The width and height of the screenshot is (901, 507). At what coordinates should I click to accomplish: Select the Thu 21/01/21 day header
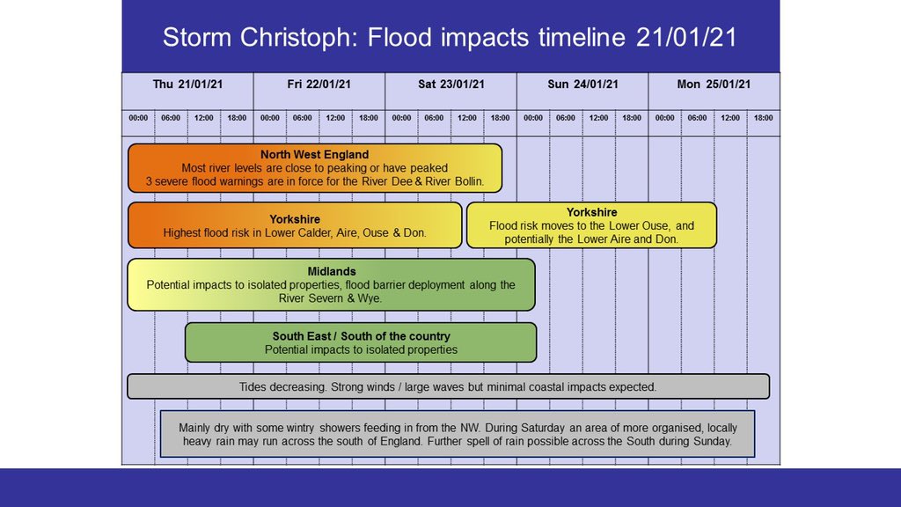point(187,84)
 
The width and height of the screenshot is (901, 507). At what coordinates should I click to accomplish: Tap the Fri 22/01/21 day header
point(319,84)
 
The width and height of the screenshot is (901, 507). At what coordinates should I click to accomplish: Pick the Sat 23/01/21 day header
point(450,84)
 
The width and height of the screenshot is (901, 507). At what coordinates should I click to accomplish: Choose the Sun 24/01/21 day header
point(582,84)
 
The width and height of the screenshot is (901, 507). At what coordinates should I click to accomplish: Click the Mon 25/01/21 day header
point(714,84)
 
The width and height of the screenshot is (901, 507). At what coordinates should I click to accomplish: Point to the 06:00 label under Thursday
point(171,118)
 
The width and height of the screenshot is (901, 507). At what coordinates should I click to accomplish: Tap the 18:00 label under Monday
point(763,118)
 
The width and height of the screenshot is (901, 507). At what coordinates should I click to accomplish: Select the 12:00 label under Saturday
point(466,118)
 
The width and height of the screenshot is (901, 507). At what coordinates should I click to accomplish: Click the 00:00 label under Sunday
point(533,118)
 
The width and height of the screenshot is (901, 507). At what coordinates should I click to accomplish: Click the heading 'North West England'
point(314,155)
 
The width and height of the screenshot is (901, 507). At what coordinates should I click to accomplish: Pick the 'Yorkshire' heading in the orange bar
point(295,219)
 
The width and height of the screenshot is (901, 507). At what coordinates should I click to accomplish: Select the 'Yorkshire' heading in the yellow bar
point(591,212)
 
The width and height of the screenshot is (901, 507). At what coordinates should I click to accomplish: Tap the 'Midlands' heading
point(331,271)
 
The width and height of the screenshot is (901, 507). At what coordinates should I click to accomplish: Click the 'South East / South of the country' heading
point(361,336)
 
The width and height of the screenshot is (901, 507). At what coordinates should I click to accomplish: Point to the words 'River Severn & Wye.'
point(331,298)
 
